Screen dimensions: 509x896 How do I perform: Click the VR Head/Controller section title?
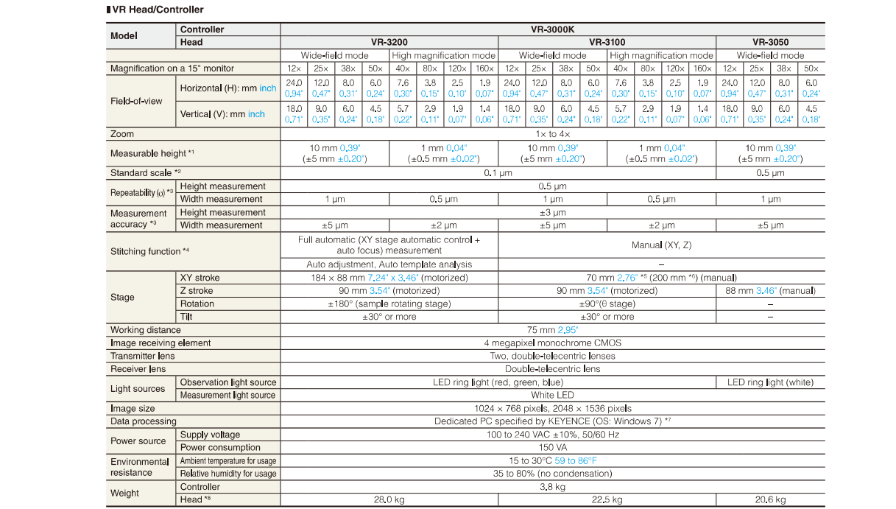click(155, 10)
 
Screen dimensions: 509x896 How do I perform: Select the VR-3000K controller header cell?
click(552, 29)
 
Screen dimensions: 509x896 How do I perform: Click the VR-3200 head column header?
click(389, 43)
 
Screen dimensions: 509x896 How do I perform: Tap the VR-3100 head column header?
click(607, 43)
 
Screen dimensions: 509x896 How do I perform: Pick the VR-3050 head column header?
click(770, 43)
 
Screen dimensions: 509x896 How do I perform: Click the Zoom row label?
click(122, 134)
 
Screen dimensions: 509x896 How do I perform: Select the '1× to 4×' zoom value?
click(552, 134)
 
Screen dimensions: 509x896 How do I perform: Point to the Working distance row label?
click(145, 330)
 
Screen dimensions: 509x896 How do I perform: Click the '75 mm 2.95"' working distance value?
click(552, 330)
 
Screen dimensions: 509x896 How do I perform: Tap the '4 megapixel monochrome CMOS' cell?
click(552, 343)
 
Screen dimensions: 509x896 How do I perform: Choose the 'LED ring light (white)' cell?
click(770, 382)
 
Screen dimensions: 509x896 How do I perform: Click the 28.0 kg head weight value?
click(389, 499)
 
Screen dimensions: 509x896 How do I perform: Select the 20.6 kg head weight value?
click(770, 499)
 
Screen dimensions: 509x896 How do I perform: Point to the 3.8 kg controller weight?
click(552, 487)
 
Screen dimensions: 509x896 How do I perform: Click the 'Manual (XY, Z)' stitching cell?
click(661, 245)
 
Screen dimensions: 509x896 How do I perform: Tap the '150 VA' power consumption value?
click(552, 447)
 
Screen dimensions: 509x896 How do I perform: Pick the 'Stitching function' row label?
click(149, 251)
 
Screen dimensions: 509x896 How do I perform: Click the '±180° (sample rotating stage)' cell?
click(389, 303)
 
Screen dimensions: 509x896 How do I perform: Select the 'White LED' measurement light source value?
click(552, 395)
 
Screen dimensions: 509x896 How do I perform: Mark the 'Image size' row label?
click(133, 408)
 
